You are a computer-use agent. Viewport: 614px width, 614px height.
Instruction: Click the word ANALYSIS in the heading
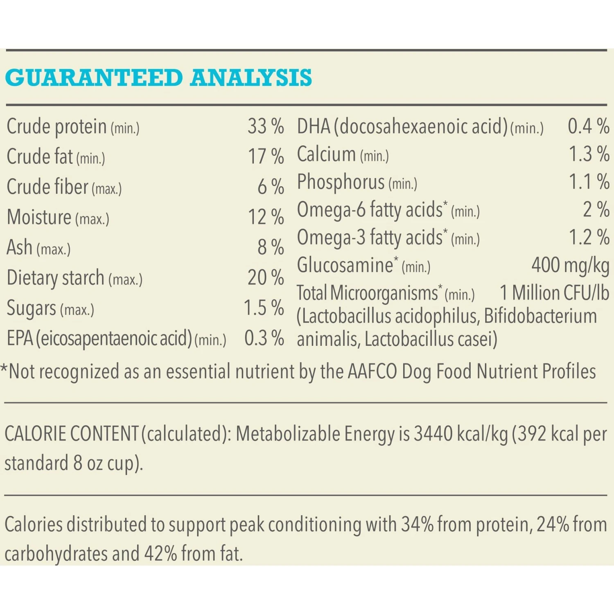251,78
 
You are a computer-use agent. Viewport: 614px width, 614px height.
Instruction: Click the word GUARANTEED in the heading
94,78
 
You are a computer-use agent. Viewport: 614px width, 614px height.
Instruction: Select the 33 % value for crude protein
266,126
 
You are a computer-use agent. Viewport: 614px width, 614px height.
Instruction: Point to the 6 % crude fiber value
271,187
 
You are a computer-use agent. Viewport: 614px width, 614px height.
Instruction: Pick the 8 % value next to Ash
271,248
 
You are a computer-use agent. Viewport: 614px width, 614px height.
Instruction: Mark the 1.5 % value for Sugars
264,308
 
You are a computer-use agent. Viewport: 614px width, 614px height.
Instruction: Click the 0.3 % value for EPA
264,339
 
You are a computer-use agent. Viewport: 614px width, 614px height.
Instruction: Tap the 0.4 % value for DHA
588,126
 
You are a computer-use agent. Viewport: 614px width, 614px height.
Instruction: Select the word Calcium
326,154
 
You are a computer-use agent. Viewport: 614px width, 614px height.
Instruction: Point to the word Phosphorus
341,182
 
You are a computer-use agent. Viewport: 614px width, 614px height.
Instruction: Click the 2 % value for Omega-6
596,210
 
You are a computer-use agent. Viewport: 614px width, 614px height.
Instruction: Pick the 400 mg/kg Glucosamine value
570,265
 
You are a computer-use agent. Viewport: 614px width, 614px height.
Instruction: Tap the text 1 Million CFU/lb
554,293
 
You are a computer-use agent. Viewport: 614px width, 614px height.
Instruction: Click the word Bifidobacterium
540,316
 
